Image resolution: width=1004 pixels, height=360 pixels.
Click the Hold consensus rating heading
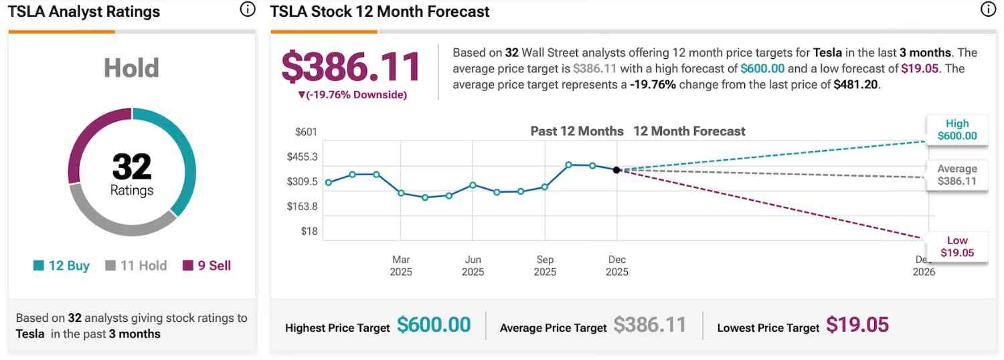point(131,68)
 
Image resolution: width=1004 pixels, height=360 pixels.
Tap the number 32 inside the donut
point(132,167)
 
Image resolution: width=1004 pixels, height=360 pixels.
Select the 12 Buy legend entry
point(62,266)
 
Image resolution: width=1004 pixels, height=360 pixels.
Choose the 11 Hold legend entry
point(137,266)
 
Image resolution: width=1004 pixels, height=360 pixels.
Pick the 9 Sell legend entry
point(207,266)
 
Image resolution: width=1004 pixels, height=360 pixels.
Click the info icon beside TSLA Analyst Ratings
point(247,9)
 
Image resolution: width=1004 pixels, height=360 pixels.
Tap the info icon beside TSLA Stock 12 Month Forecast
point(988,9)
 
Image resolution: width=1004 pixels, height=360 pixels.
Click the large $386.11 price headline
point(351,67)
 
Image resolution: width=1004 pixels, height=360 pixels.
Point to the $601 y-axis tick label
point(306,132)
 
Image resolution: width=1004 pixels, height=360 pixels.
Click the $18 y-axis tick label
point(309,232)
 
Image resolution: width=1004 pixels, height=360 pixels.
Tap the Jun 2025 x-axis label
point(473,266)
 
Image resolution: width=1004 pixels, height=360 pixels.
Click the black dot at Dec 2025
point(616,170)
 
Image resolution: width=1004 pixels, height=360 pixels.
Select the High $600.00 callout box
point(957,130)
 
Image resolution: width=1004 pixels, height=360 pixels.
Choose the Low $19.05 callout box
point(957,246)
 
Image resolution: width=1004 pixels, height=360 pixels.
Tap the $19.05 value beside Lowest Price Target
point(857,325)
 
